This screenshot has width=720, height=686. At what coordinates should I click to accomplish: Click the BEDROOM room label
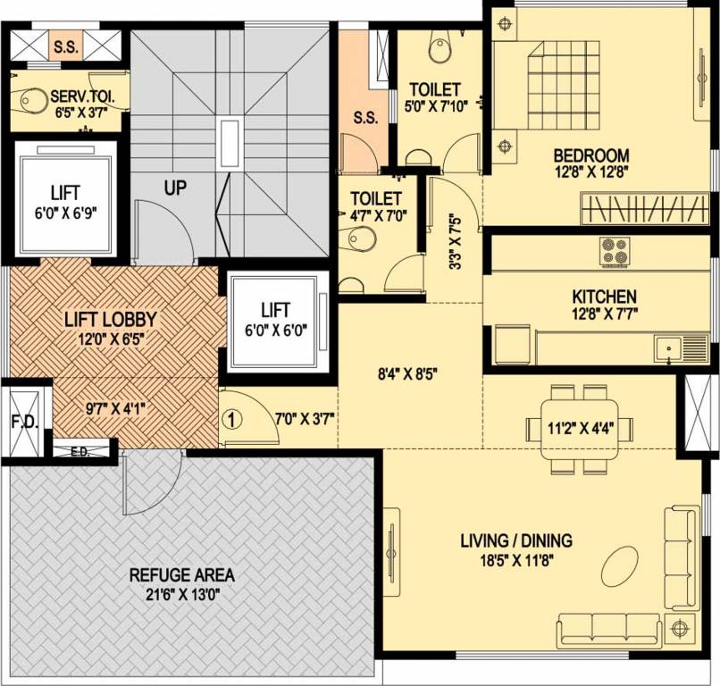[590, 155]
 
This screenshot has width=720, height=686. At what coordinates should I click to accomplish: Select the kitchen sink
[668, 347]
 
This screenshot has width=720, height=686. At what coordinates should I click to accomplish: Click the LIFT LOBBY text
[110, 319]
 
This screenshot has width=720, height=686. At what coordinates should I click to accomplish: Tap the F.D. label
[24, 422]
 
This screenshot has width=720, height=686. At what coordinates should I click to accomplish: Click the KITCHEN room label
[604, 296]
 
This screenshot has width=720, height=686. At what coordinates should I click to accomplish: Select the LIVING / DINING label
[516, 540]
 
